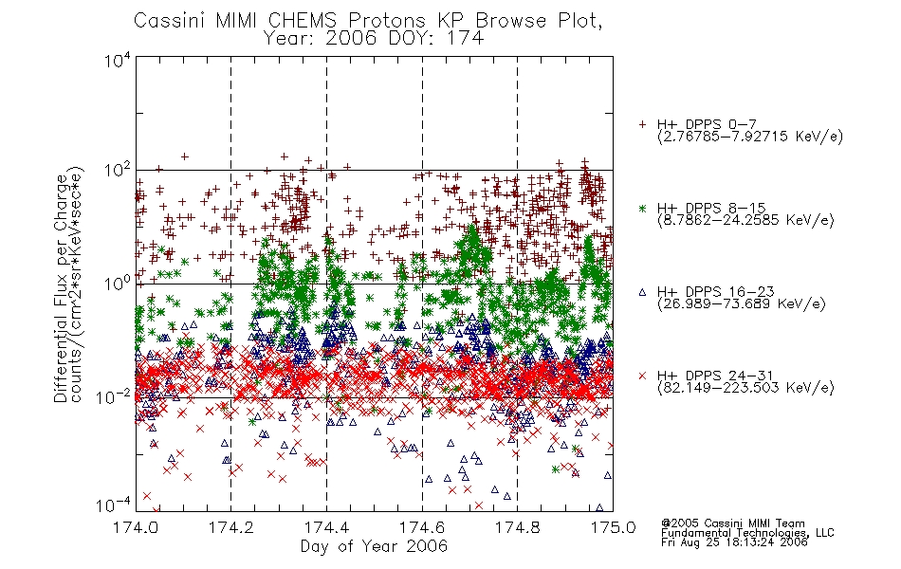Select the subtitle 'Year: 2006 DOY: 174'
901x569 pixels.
click(374, 39)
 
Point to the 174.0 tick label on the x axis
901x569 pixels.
click(136, 527)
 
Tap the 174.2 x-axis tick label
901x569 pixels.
click(231, 527)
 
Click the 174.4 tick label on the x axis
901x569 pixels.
click(326, 527)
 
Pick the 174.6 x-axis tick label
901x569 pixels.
click(422, 527)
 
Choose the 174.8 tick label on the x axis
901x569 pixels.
click(517, 527)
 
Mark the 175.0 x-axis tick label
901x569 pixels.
click(613, 527)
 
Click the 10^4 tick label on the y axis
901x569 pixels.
click(118, 60)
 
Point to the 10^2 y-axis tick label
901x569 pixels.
click(118, 171)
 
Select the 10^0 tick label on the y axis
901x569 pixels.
click(118, 284)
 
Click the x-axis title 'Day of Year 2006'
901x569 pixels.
click(374, 546)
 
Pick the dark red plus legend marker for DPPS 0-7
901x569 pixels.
click(642, 124)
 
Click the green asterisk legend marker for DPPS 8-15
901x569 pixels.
click(642, 208)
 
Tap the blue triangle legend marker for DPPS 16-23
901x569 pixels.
click(642, 292)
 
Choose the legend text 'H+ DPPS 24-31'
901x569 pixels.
click(715, 376)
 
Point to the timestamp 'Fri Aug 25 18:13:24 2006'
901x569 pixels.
click(734, 542)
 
